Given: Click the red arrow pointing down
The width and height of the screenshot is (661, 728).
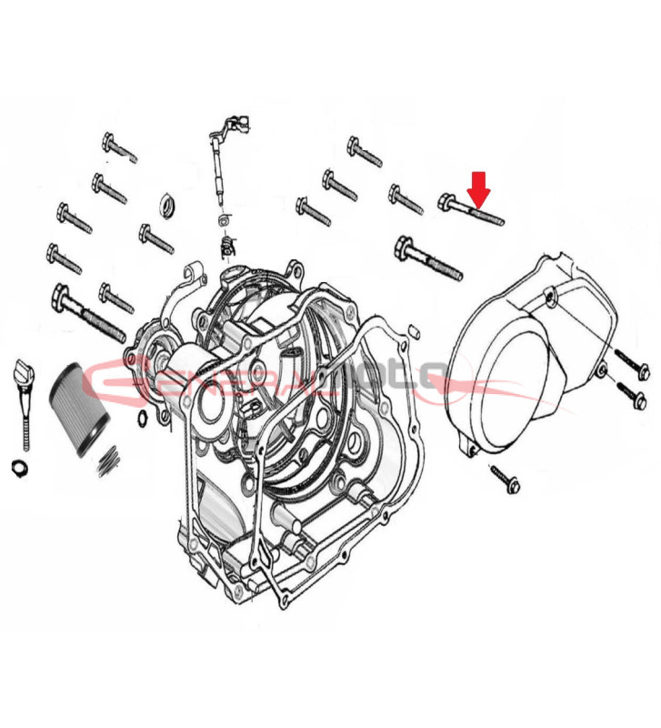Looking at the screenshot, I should pyautogui.click(x=479, y=188).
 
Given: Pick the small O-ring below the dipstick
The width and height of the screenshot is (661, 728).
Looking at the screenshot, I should pyautogui.click(x=17, y=468).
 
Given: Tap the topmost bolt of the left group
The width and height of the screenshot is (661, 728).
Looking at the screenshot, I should pyautogui.click(x=118, y=147).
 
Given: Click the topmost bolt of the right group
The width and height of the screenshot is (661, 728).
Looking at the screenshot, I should pyautogui.click(x=364, y=151).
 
